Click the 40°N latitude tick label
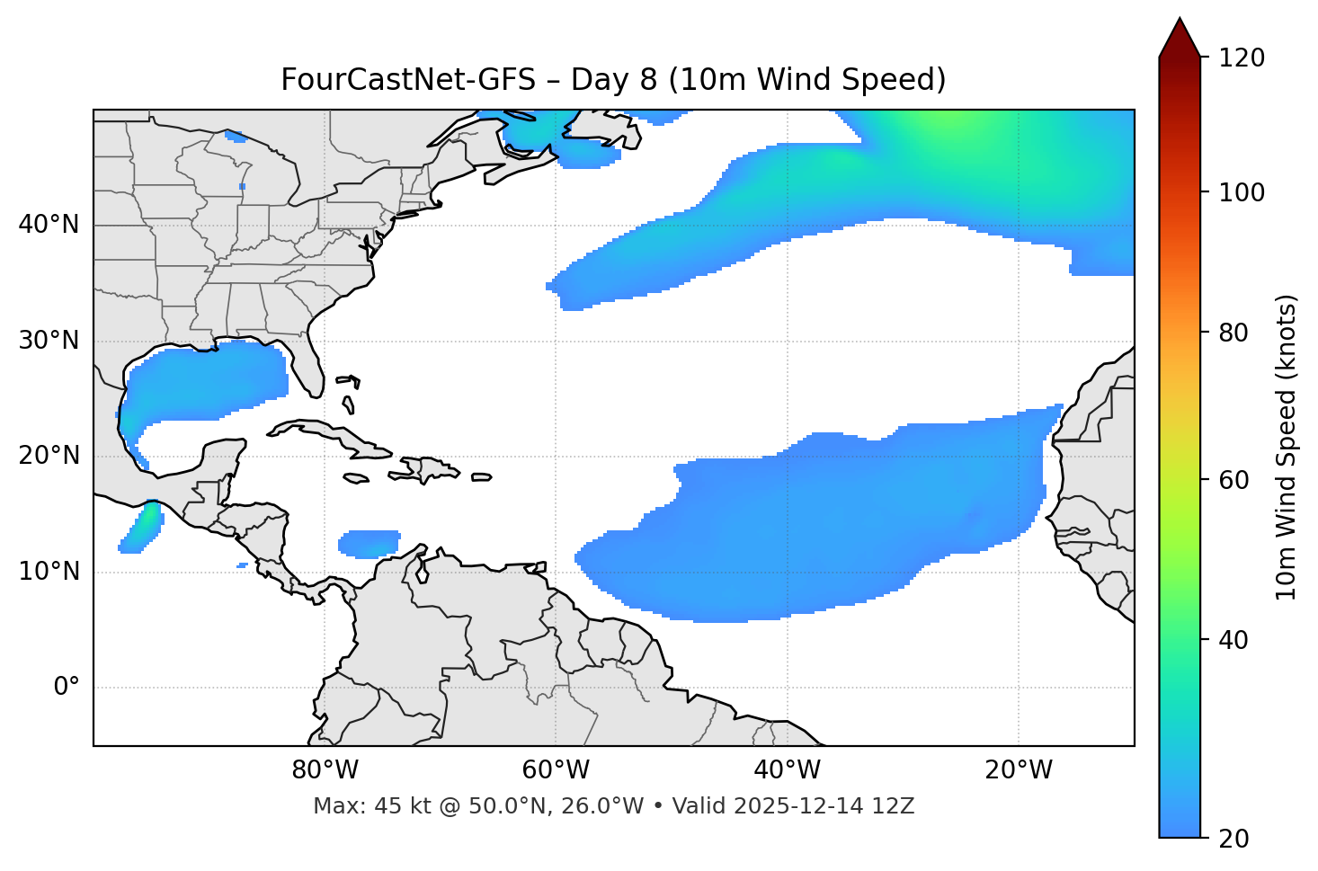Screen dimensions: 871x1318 coord(49,225)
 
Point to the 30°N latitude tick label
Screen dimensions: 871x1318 coord(49,341)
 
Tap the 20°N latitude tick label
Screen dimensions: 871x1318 coord(49,456)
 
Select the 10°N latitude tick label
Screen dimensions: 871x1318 coord(49,572)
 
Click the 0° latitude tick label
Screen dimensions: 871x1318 coord(67,688)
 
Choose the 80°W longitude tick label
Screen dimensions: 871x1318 coord(325,770)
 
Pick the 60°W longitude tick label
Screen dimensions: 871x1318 coord(556,770)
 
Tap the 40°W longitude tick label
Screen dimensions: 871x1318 coord(788,770)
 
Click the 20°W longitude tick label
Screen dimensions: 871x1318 coord(1019,770)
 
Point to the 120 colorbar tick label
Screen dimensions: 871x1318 coord(1242,58)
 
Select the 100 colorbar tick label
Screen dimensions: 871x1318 coord(1242,193)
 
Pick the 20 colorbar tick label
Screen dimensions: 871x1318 coord(1234,839)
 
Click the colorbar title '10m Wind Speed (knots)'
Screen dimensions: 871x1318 coord(1287,448)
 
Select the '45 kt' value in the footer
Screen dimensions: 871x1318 coord(389,806)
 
